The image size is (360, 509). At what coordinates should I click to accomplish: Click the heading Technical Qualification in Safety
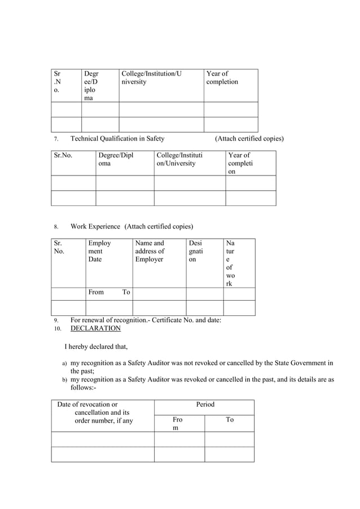pyautogui.click(x=117, y=139)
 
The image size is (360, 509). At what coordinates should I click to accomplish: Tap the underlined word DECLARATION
pyautogui.click(x=95, y=328)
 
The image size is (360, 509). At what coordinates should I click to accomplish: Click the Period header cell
pyautogui.click(x=205, y=405)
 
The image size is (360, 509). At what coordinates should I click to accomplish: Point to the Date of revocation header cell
pyautogui.click(x=95, y=413)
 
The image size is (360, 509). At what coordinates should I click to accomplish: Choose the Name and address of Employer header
pyautogui.click(x=150, y=251)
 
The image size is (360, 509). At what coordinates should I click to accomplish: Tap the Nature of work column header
pyautogui.click(x=230, y=263)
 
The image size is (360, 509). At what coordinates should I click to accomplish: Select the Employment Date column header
pyautogui.click(x=99, y=251)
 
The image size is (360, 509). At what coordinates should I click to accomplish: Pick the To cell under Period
pyautogui.click(x=230, y=420)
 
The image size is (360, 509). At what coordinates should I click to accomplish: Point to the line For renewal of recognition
pyautogui.click(x=146, y=320)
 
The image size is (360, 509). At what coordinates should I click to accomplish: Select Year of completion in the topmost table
pyautogui.click(x=222, y=78)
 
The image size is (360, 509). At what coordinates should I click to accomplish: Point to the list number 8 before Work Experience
pyautogui.click(x=56, y=227)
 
